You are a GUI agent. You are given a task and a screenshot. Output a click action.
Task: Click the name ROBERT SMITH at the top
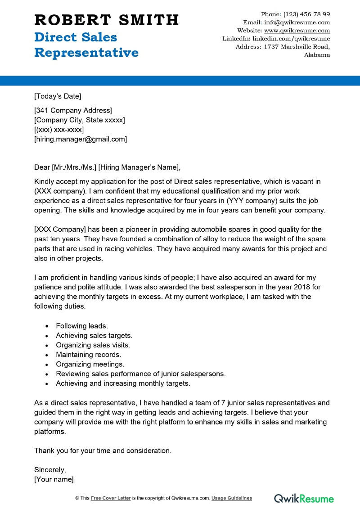tap(107, 20)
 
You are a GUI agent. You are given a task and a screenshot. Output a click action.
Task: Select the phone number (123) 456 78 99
tap(308, 14)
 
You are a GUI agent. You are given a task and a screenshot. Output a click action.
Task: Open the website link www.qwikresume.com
tap(297, 31)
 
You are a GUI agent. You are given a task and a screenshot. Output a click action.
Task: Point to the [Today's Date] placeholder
tap(58, 96)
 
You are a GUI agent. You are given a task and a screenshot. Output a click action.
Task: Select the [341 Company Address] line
tap(73, 110)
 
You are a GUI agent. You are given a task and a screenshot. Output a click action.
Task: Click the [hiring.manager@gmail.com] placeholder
tap(81, 139)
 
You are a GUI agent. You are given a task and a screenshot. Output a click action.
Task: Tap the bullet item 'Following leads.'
tap(82, 325)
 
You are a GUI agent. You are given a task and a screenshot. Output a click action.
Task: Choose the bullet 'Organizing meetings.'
tap(90, 364)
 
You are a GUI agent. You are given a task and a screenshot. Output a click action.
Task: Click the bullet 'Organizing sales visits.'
tap(93, 345)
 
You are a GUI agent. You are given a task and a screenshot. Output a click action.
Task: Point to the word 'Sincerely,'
tap(50, 470)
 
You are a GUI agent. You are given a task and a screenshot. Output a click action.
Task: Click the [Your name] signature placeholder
tap(54, 479)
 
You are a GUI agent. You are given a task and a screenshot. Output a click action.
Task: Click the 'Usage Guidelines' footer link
tap(232, 498)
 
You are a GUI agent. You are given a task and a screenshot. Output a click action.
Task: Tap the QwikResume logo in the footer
tap(304, 498)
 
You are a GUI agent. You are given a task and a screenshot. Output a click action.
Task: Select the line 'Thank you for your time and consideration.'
tap(103, 450)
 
